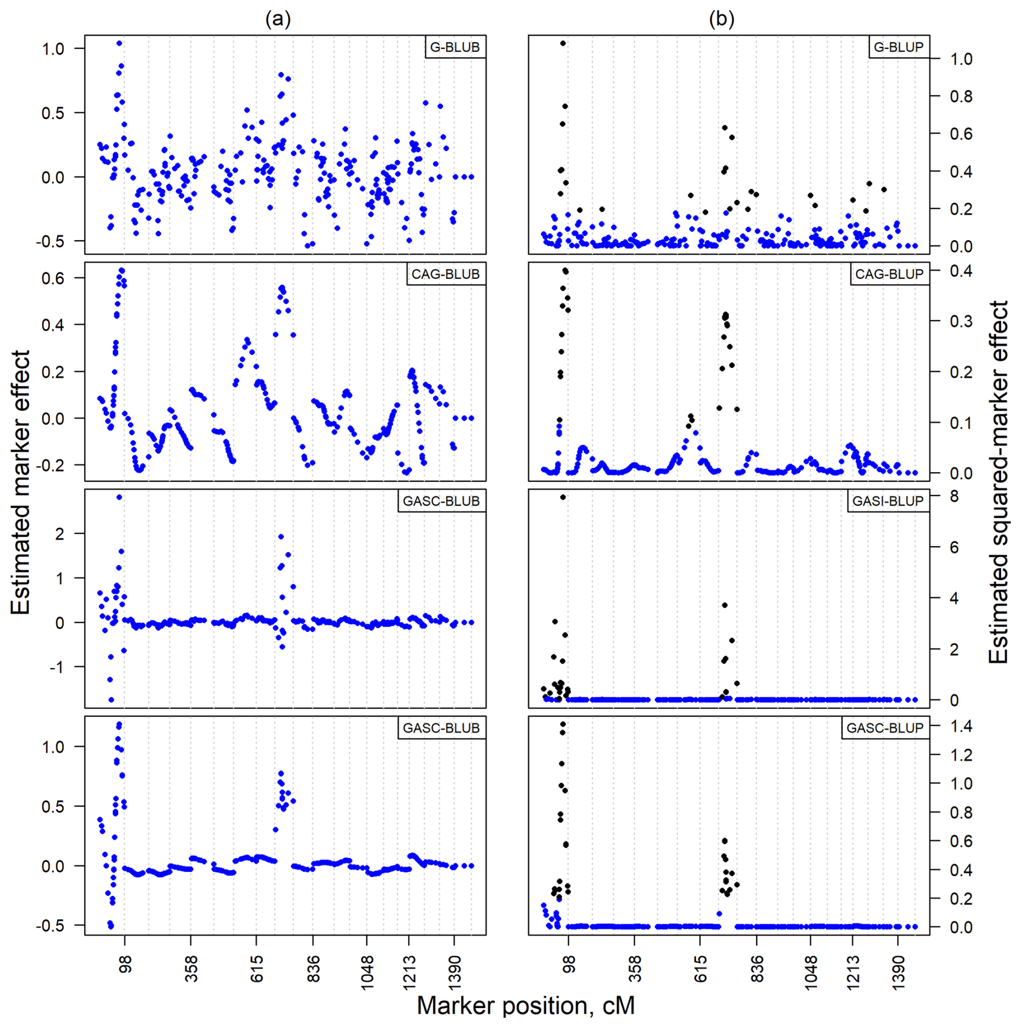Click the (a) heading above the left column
tap(277, 19)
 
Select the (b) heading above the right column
tap(721, 19)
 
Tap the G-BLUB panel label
tap(455, 47)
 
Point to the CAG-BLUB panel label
tap(445, 274)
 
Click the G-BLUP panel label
tap(899, 47)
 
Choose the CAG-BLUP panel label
tap(889, 274)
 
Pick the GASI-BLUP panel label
tap(888, 501)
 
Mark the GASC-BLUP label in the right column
tap(885, 728)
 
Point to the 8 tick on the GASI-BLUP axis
tap(954, 496)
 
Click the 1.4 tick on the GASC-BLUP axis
tap(961, 726)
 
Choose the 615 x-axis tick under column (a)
tap(257, 969)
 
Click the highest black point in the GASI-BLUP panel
tap(563, 497)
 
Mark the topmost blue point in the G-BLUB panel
tap(119, 43)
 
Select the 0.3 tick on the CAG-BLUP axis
tap(961, 321)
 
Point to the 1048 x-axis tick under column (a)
tap(367, 972)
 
